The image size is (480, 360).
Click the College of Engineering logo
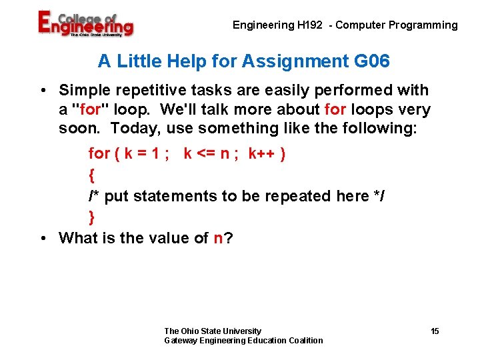85,25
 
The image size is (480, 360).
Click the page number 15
435,331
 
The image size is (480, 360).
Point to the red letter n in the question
218,238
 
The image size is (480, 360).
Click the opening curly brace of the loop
91,175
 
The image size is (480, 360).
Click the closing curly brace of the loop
91,217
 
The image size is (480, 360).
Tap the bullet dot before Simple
42,90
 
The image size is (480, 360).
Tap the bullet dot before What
42,238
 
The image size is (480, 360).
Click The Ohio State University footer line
213,331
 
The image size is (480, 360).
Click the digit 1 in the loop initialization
154,154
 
